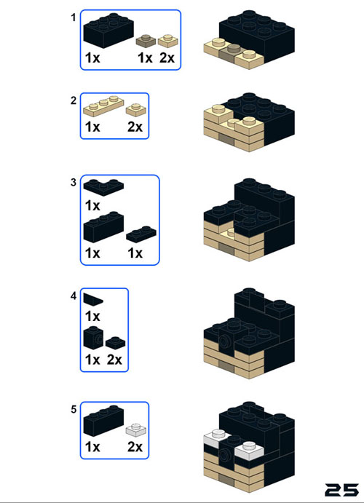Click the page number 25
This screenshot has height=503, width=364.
click(x=342, y=490)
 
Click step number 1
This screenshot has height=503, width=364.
click(x=74, y=17)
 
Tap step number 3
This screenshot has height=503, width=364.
click(x=74, y=183)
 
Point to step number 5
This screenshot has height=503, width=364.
click(x=74, y=409)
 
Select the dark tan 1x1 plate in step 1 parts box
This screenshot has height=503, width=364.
click(x=146, y=41)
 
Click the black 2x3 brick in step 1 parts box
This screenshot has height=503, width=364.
click(x=108, y=31)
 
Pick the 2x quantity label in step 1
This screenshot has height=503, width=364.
click(x=167, y=58)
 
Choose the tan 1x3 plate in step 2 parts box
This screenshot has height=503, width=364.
click(x=103, y=106)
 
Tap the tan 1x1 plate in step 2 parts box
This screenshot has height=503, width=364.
click(x=136, y=110)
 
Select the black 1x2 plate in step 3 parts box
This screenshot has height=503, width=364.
click(x=141, y=234)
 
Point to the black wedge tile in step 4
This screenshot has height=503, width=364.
click(x=92, y=299)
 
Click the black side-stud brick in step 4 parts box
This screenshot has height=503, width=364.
click(x=93, y=338)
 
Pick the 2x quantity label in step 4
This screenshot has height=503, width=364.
click(x=114, y=360)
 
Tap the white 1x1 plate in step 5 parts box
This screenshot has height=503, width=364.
click(x=136, y=430)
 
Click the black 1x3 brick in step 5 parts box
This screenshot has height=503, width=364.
click(x=103, y=421)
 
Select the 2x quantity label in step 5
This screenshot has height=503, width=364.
click(x=135, y=447)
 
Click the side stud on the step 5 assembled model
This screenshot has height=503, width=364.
click(x=225, y=454)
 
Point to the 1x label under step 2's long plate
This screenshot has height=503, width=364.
click(x=92, y=127)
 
